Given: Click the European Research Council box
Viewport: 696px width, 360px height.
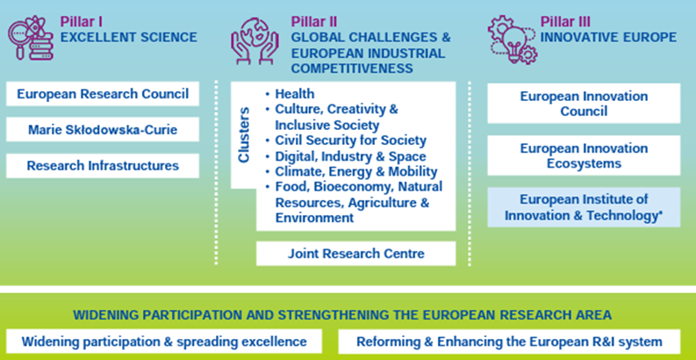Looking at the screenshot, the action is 103,94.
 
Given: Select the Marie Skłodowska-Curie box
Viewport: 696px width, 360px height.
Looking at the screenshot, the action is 103,130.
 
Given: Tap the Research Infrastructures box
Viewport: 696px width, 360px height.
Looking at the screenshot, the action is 103,166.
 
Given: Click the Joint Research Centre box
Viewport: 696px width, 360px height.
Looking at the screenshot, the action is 356,254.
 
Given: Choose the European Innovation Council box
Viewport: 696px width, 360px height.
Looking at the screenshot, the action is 584,104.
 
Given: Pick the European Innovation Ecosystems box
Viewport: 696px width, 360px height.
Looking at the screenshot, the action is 584,155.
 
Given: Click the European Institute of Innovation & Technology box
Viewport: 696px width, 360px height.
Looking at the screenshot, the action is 584,207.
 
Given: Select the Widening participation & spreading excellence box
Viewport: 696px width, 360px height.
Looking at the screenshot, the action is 164,342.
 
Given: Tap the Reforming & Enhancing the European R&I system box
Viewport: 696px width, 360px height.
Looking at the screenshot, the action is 509,342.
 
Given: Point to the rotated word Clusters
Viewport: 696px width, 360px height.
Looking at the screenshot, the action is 244,134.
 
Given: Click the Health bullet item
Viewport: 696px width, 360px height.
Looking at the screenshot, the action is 291,94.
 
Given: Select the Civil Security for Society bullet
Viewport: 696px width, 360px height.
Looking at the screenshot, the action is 346,140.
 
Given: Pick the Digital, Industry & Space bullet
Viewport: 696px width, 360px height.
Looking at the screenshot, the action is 345,156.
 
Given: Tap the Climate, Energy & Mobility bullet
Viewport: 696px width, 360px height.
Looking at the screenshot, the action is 351,171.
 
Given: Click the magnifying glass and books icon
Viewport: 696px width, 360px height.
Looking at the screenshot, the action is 31,37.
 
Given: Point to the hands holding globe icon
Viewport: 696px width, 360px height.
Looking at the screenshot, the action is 255,41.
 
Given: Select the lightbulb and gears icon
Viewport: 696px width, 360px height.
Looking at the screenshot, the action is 513,40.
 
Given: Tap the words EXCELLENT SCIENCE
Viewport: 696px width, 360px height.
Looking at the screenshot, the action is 129,37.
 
